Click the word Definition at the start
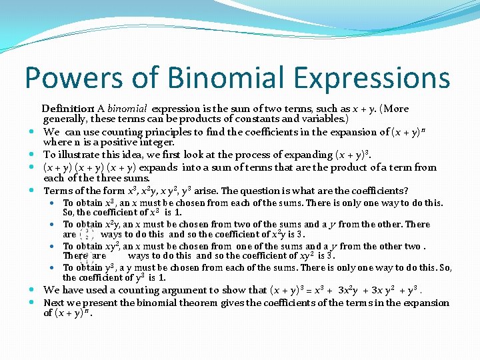[x=67, y=109]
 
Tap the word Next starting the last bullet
[x=54, y=303]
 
